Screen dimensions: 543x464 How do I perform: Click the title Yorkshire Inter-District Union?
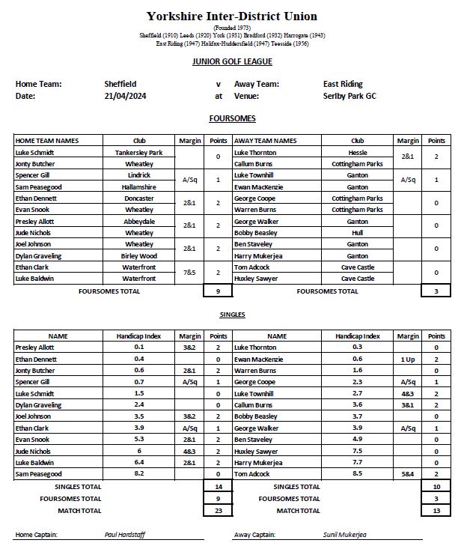pos(232,16)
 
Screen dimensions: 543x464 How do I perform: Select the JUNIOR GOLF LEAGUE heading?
pos(232,62)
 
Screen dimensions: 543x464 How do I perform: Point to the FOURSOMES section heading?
pos(232,118)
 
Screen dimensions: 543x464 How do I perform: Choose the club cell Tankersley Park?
pos(139,152)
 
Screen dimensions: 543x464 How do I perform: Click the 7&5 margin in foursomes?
pos(189,273)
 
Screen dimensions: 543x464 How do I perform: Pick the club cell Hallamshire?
pos(139,186)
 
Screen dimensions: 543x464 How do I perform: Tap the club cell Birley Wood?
pos(139,255)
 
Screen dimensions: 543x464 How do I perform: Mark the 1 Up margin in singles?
pos(408,359)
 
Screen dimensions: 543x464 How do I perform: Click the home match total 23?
pos(218,511)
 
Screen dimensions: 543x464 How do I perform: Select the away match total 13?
pos(436,511)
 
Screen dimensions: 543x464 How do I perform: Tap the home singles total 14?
pos(218,487)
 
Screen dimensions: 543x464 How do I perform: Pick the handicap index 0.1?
pos(139,348)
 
